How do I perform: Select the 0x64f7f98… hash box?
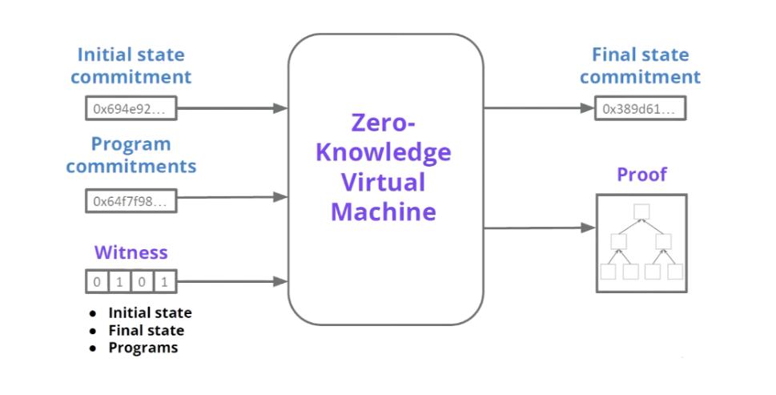131,200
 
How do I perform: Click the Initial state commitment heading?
131,67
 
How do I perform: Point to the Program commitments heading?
131,155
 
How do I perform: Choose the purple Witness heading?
131,253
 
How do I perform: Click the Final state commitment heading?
639,67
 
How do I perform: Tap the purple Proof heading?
641,175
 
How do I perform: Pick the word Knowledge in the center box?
384,152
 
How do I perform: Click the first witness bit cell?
96,281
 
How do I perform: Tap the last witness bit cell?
164,281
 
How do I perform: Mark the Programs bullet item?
143,348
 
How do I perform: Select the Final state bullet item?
146,330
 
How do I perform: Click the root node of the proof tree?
640,212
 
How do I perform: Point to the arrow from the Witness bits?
232,281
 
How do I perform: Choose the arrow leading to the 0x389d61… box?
539,108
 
